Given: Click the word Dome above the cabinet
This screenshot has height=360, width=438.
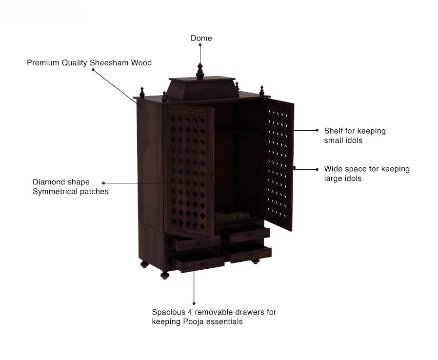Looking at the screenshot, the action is click(201, 38).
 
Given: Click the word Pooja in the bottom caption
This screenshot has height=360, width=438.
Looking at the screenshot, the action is click(193, 321).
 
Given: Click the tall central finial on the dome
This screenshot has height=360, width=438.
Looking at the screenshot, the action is click(199, 71).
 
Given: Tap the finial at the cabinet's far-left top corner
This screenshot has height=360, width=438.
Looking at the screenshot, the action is click(142, 93).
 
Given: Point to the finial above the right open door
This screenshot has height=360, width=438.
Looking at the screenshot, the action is click(262, 91).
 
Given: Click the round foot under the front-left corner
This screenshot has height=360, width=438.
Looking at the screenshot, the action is click(165, 276).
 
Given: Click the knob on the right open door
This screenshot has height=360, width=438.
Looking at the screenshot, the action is click(294, 168).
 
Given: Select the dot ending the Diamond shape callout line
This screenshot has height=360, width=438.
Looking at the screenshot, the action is click(103, 183).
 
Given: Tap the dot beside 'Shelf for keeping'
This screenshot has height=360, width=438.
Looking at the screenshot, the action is click(317, 130).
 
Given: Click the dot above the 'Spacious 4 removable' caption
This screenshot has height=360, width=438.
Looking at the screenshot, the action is click(194, 303).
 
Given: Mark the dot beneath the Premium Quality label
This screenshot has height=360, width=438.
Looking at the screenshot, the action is click(93, 70).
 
